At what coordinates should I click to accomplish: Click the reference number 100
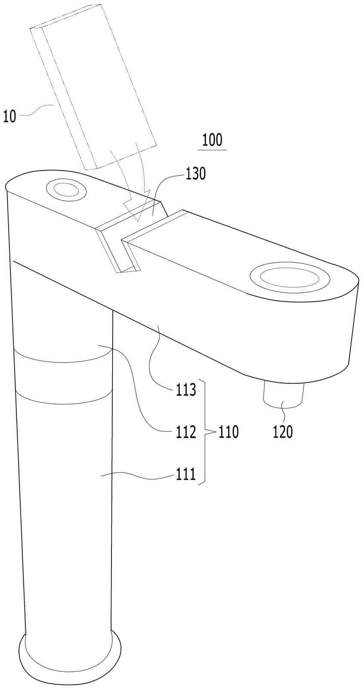click(x=212, y=140)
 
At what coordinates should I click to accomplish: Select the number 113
click(x=186, y=390)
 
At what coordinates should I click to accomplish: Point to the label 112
click(x=186, y=432)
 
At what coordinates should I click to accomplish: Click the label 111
click(x=186, y=475)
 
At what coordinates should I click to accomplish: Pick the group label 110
click(x=228, y=432)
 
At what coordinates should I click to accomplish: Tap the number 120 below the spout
click(x=283, y=432)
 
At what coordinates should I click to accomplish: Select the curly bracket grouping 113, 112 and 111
click(x=204, y=432)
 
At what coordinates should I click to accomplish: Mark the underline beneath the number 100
click(x=213, y=150)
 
